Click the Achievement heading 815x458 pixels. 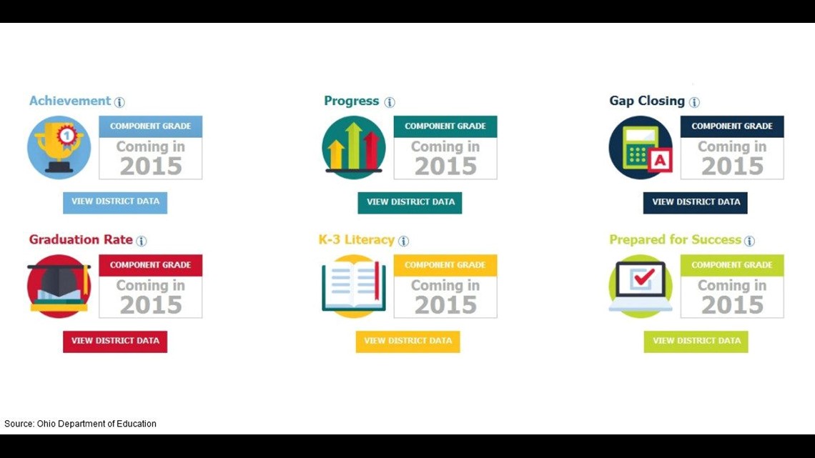tap(69, 101)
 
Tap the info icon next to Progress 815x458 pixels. tap(390, 102)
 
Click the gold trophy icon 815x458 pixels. tap(59, 147)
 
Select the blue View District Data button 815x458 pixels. tap(115, 202)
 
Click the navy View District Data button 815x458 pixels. tap(695, 202)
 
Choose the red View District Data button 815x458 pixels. tap(115, 342)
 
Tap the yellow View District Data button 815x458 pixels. tap(407, 342)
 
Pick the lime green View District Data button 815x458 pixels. tap(696, 342)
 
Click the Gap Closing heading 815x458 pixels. tap(646, 101)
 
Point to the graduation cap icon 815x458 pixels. tap(59, 286)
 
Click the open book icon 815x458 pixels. tap(353, 286)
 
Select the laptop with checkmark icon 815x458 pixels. tap(641, 286)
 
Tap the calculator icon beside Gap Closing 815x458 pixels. tap(641, 147)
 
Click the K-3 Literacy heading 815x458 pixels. tap(357, 239)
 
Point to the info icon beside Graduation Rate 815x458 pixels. tap(142, 241)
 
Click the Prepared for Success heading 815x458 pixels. tap(675, 239)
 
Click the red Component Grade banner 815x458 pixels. tap(150, 265)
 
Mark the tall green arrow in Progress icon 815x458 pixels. tap(353, 145)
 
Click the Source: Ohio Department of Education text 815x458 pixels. tap(80, 424)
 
